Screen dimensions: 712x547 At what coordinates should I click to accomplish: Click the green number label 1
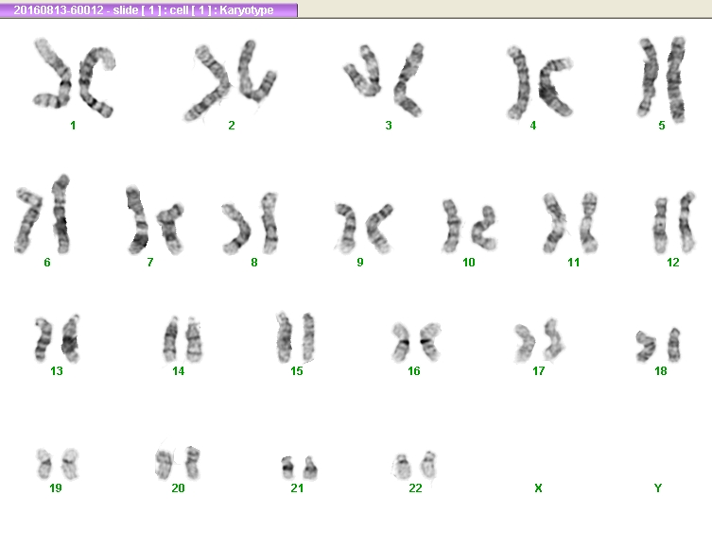pos(73,126)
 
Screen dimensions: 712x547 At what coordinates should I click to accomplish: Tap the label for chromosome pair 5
pos(662,126)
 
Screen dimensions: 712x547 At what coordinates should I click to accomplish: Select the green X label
pos(538,488)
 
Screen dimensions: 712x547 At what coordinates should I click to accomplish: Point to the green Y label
pos(657,488)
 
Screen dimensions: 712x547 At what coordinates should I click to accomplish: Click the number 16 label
pos(413,371)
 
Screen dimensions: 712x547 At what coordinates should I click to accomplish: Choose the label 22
pos(415,488)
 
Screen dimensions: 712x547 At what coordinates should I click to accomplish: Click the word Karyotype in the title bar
pos(247,10)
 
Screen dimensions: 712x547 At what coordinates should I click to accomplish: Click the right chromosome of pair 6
pos(61,214)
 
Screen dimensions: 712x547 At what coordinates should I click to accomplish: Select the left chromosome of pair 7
pos(138,220)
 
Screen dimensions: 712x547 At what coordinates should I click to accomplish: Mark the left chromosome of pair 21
pos(287,468)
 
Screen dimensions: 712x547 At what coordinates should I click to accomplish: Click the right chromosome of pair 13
pos(70,339)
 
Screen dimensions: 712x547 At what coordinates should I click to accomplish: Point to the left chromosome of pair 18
pos(646,347)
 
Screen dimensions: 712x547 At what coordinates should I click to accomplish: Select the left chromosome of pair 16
pos(401,342)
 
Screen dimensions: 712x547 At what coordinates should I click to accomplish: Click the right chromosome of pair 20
pos(193,463)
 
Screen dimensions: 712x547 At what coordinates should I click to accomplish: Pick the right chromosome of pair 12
pos(686,222)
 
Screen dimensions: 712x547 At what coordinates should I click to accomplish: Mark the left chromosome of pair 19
pos(44,464)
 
